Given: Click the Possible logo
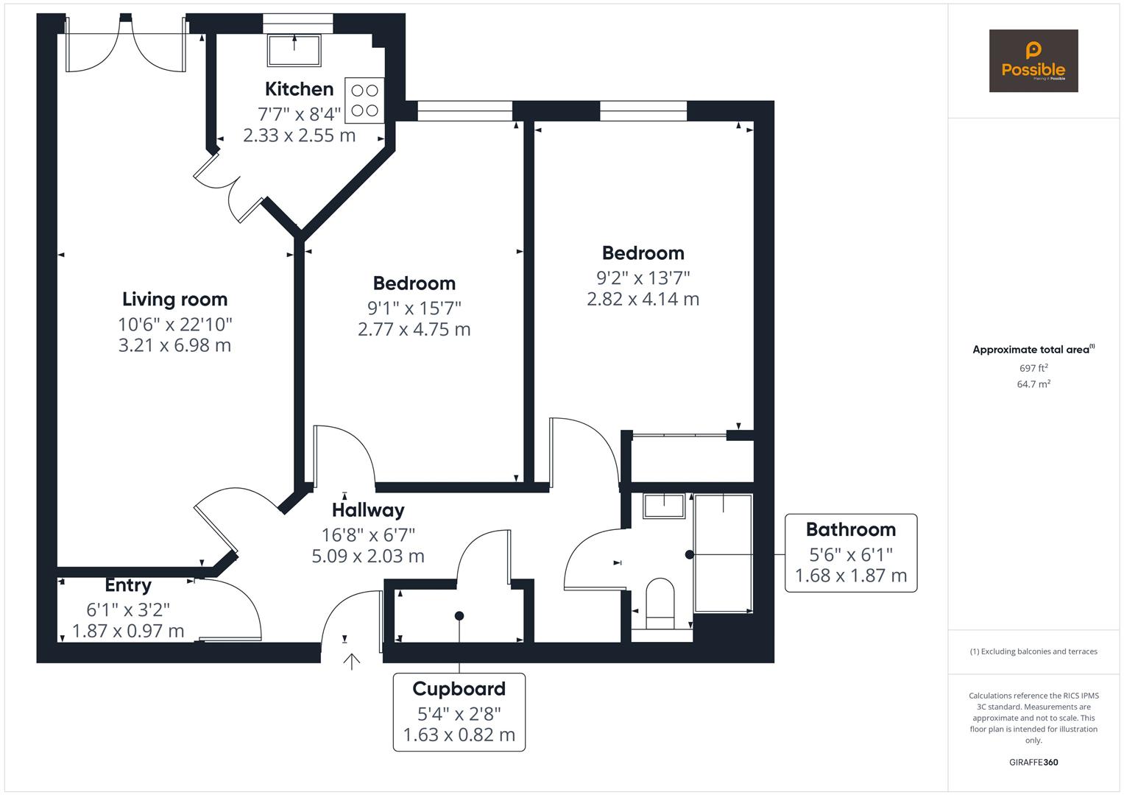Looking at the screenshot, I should tap(1033, 61).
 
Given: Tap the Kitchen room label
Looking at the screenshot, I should tap(299, 89).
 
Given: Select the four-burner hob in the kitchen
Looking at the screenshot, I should tap(364, 101).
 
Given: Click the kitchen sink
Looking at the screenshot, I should tap(294, 50).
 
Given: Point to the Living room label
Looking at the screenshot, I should tap(174, 300).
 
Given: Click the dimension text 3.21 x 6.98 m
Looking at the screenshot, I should tap(174, 345).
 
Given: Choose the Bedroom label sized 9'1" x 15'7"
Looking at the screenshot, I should tap(414, 283).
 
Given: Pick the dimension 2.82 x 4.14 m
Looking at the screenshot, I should tap(643, 299).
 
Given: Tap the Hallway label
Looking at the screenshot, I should tap(368, 510).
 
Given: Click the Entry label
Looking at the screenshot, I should tap(128, 585).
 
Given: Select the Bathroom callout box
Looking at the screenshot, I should tap(851, 553).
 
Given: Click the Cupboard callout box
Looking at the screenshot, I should tap(459, 712).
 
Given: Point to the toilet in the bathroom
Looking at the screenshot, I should tap(660, 604).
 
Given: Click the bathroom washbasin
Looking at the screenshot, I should tap(665, 506).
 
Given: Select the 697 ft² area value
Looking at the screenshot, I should tap(1033, 368).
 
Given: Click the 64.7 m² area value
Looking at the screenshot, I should tap(1033, 384).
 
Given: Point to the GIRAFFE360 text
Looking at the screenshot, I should tap(1033, 762).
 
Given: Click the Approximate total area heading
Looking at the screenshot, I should tap(1033, 350).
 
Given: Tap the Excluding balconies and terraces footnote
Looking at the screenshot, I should tap(1033, 651).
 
